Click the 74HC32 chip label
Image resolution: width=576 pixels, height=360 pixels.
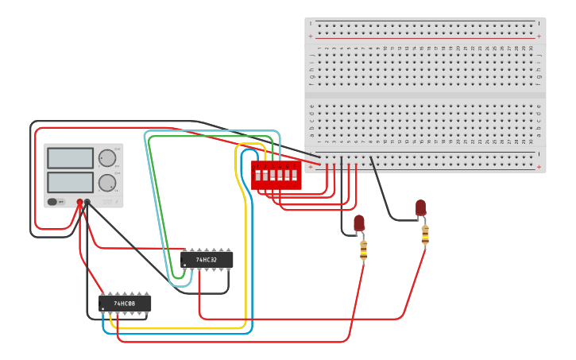207,260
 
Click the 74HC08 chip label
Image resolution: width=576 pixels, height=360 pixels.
125,304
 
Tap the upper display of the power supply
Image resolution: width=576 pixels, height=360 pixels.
70,158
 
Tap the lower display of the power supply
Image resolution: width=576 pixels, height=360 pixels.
70,183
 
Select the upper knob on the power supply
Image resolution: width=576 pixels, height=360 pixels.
106,158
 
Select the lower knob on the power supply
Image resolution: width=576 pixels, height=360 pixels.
106,183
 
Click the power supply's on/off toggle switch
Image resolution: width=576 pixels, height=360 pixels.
55,202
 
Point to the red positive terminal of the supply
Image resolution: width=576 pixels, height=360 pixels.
79,203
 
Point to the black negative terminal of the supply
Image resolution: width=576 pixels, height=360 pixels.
87,203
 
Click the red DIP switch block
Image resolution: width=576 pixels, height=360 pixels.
276,175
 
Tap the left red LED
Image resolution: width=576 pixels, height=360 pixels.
359,223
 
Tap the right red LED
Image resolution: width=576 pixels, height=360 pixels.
420,207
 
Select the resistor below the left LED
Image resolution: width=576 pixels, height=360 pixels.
363,250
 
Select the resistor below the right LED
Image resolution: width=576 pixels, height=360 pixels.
425,235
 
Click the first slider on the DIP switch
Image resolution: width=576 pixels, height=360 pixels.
257,175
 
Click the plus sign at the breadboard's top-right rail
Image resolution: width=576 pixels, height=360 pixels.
539,37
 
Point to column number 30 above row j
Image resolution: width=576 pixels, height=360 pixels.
532,48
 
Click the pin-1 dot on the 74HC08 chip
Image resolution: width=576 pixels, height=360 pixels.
103,310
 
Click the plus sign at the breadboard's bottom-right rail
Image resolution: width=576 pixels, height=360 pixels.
539,167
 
